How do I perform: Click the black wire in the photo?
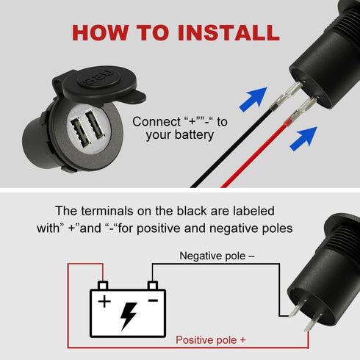[220, 158]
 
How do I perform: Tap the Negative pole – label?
[217, 256]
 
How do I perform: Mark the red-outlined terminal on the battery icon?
[103, 284]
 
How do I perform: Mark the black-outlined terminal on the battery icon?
[152, 284]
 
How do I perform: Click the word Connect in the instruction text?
[156, 121]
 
